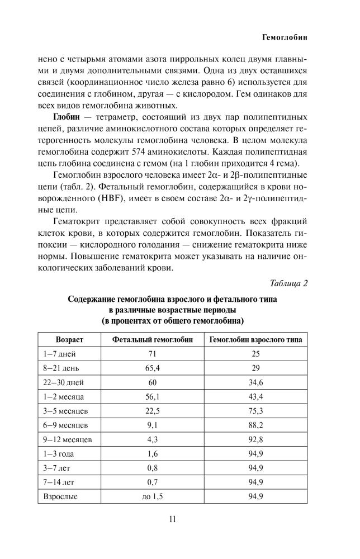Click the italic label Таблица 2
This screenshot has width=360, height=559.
click(x=289, y=283)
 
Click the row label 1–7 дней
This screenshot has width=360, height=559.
click(x=60, y=354)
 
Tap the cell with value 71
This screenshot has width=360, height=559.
click(x=152, y=354)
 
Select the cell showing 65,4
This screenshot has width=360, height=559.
click(x=152, y=368)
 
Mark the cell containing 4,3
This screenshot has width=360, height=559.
click(x=152, y=440)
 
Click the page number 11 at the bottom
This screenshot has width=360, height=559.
click(x=173, y=519)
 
